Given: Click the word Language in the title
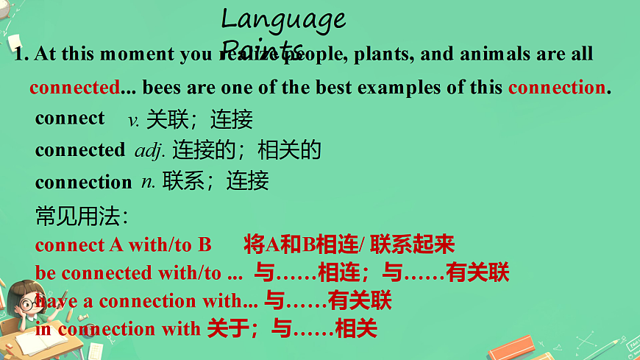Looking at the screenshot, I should coord(283,18).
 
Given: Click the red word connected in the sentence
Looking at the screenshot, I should coord(74,88).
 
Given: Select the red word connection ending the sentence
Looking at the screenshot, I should coord(557,88).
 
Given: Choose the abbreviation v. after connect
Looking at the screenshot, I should coord(134,119).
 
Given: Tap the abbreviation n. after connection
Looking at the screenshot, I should coord(148,181).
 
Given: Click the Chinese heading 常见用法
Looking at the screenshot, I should coord(82,216).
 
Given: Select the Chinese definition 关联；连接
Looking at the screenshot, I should coord(199,119).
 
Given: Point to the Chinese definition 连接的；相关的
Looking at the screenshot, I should coord(247,151).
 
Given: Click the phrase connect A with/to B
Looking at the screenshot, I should coord(123,244).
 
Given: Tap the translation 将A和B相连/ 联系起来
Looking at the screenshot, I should coord(349,244).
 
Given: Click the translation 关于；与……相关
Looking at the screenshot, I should coord(292,328).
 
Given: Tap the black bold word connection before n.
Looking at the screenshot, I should coord(83,182).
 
